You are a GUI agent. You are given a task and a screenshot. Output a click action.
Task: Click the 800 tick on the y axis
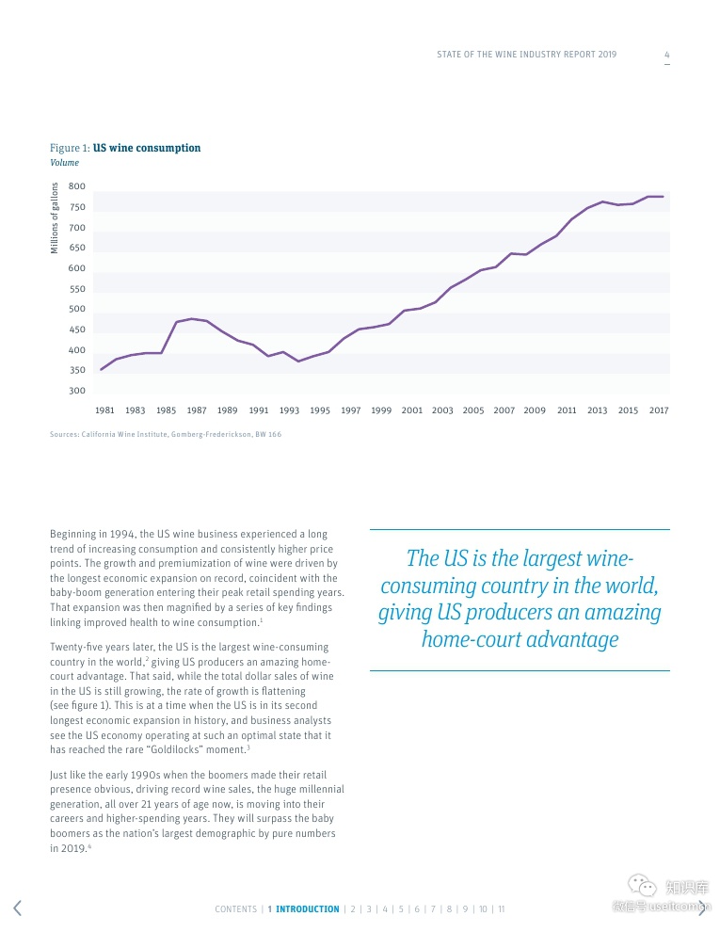coord(77,187)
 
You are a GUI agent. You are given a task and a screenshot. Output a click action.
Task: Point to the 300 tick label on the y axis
coord(77,391)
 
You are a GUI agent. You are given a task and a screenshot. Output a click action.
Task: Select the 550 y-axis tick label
coord(77,289)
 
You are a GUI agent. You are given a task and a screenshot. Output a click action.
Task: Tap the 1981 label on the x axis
coord(104,410)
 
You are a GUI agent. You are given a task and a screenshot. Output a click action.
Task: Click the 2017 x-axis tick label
coord(659,410)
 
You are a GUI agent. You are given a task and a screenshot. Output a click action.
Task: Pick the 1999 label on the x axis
coord(381,410)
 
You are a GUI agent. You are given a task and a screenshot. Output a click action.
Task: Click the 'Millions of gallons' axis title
coord(55,217)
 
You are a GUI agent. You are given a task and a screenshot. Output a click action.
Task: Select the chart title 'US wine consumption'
coord(147,148)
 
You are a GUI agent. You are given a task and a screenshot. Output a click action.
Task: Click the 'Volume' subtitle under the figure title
coord(65,163)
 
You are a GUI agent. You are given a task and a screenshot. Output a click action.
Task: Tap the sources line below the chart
coord(166,434)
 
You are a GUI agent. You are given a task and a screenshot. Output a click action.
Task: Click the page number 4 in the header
coord(667,55)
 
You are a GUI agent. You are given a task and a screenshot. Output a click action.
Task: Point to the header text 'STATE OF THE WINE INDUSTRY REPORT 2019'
coord(526,55)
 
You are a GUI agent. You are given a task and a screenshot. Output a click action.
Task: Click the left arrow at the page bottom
coord(17,908)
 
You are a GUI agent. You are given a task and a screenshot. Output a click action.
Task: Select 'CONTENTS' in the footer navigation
coord(235,909)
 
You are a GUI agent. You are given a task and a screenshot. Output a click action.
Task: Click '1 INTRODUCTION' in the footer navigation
coord(303,909)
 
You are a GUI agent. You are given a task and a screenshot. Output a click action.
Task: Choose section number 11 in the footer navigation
coord(502,909)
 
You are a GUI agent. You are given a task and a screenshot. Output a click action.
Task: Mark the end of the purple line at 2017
coord(663,197)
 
